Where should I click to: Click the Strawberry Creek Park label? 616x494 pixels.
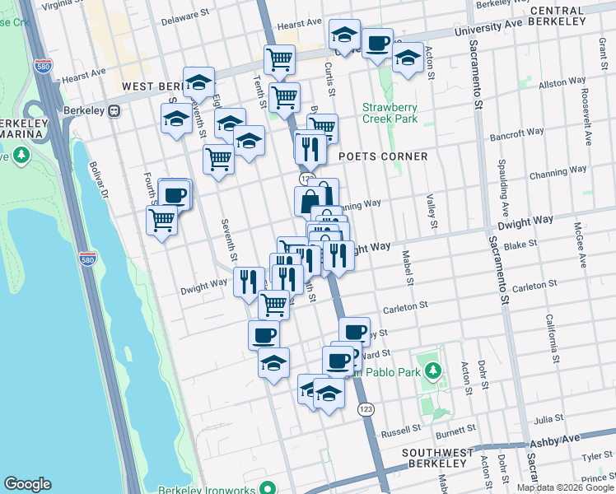390,113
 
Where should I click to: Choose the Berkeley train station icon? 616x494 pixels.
115,110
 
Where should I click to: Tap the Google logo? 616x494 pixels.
27,484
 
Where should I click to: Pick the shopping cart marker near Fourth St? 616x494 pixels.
161,220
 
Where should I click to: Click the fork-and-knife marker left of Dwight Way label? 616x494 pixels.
248,282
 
